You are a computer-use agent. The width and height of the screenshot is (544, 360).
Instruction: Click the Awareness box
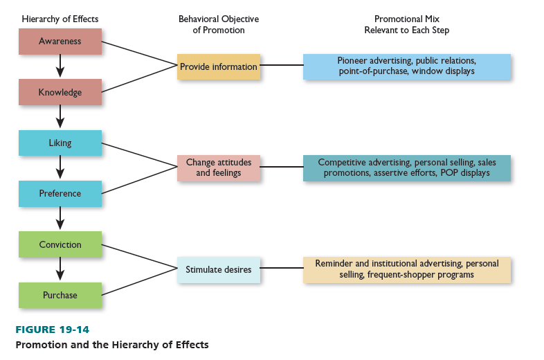coord(60,42)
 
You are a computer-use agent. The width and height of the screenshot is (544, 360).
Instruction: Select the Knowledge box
coord(60,92)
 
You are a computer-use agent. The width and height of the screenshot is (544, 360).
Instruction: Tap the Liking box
coord(60,143)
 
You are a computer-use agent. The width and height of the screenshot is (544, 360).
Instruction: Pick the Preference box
coord(60,194)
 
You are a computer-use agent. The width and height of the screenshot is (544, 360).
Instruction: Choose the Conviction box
coord(60,244)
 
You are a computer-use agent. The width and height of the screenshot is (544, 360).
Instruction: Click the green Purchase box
coord(60,295)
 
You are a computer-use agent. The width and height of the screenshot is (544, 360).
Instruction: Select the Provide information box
coord(218,67)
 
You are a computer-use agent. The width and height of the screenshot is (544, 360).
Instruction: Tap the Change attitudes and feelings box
coord(218,168)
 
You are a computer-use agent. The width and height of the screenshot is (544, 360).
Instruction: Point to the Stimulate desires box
coord(218,269)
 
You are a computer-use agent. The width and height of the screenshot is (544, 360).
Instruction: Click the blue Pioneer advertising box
coord(407,66)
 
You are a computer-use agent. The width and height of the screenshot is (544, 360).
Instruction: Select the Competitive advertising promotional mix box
coord(407,168)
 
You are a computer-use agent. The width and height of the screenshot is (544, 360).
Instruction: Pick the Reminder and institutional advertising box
coord(407,269)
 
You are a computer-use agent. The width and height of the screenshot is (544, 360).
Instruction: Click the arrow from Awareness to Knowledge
coord(60,66)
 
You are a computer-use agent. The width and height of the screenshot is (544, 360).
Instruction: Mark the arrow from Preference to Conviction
coord(60,219)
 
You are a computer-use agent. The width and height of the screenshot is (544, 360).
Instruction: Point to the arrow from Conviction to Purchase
coord(60,269)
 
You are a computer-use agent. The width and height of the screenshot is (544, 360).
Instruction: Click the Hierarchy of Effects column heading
coord(60,19)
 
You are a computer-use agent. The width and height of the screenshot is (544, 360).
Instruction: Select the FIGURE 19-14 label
coord(53,330)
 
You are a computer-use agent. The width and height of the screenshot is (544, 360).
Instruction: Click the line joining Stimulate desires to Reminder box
coord(282,269)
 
